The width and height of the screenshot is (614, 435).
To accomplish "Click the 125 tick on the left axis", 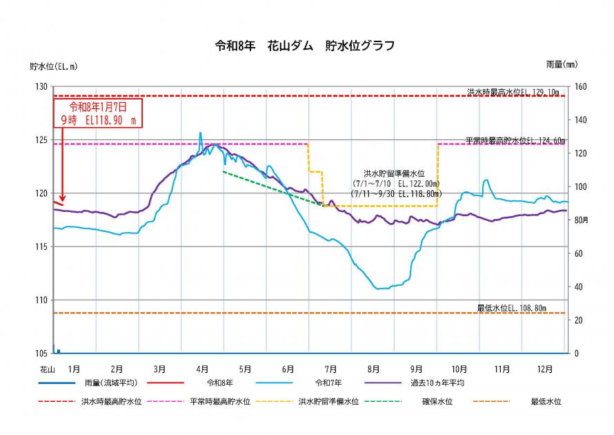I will (41, 140).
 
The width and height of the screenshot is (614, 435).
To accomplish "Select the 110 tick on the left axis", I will (41, 300).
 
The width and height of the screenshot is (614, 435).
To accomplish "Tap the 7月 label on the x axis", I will (331, 369).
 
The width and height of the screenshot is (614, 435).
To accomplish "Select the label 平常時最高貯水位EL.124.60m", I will (515, 140).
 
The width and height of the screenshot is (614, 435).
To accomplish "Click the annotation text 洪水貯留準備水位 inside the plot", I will (393, 175).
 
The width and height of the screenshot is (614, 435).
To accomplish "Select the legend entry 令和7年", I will (329, 382).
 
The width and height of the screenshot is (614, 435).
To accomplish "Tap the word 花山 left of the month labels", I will (46, 369).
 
